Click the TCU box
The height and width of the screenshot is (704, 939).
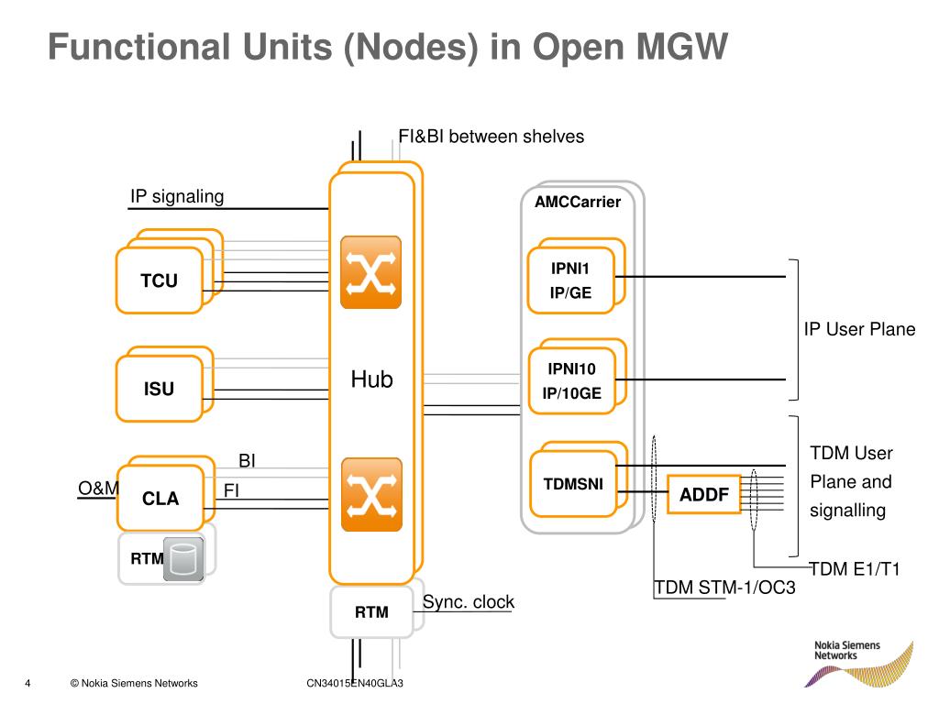click(160, 280)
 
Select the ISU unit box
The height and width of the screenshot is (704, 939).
click(160, 389)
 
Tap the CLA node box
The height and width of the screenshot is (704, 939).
click(160, 499)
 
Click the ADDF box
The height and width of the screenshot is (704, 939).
click(703, 495)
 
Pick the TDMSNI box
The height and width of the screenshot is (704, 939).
click(573, 484)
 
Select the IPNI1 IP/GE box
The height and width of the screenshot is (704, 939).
click(570, 280)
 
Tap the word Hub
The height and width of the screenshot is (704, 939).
click(371, 379)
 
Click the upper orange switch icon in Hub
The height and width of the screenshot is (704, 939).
click(371, 272)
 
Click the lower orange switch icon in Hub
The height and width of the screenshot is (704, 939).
click(371, 495)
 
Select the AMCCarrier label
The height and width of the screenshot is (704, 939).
click(578, 202)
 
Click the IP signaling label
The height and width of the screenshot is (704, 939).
click(177, 196)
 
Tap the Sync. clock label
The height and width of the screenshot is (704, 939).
click(469, 602)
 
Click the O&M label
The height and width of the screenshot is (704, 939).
click(98, 489)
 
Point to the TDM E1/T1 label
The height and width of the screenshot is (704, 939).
click(855, 569)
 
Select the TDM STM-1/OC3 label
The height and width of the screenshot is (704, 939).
click(724, 588)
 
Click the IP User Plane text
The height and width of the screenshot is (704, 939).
click(859, 330)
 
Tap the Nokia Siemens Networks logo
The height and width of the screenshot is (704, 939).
click(856, 663)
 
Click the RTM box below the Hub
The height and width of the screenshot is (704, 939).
click(372, 612)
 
